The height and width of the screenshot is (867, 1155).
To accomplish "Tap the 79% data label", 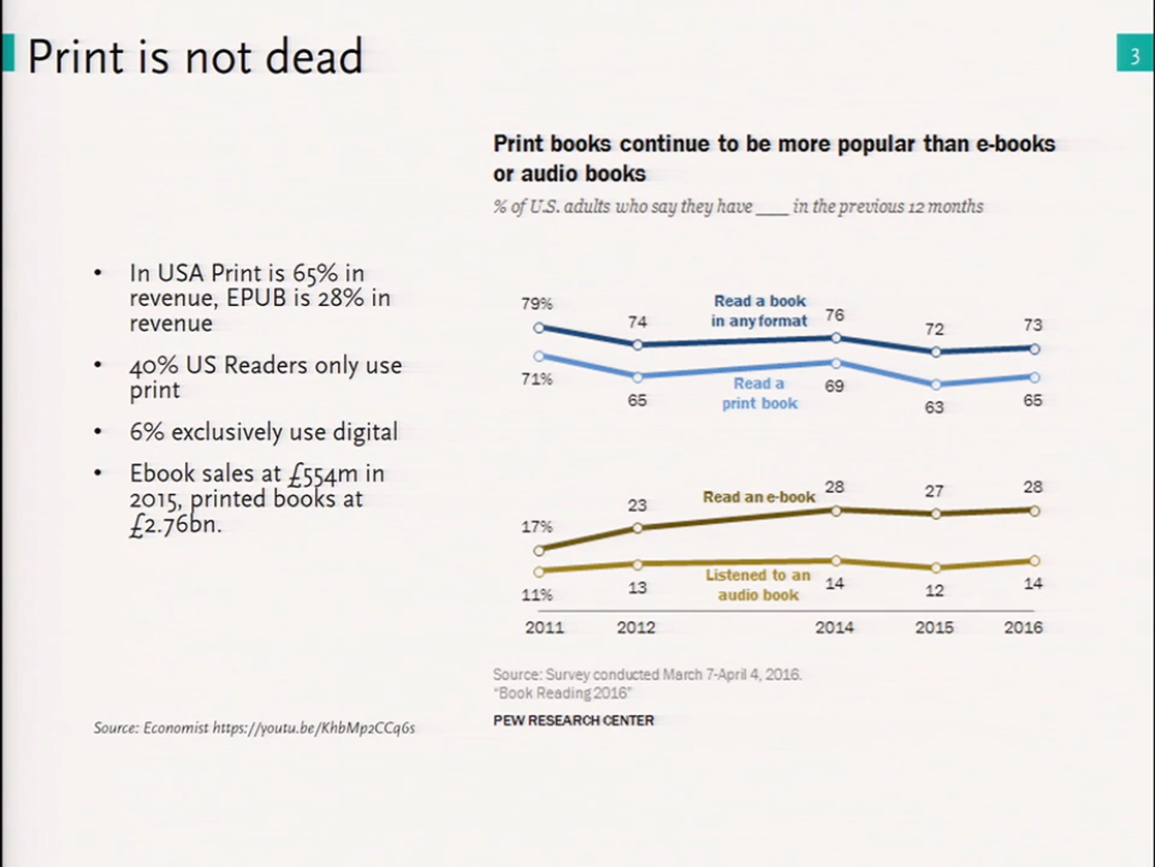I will coord(536,303).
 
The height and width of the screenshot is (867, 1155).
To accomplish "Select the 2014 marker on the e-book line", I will coord(835,511).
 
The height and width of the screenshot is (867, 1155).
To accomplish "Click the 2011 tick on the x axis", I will coord(544,627).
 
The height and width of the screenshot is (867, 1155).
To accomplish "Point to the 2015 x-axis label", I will coord(934,627).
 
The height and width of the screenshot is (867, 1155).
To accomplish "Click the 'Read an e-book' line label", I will coord(758,497).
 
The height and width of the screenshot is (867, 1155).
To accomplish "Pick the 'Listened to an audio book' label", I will coord(758,585).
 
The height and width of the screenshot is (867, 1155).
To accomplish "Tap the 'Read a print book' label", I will coord(759,394).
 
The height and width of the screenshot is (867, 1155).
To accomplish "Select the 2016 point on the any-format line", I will coord(1034,349).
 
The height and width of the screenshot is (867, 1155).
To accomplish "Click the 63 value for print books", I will coord(934,407).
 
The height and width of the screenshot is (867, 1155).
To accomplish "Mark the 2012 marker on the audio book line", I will coord(638,565).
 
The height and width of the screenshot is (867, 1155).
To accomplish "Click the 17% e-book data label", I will coord(536,527).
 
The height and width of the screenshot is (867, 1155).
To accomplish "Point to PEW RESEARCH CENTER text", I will coord(573,721).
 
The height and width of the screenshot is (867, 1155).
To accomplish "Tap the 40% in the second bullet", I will coord(154,365).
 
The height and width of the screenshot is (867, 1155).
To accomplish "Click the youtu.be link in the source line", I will coord(313,728).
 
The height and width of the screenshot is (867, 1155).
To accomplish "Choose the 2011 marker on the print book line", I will coord(539,356).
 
